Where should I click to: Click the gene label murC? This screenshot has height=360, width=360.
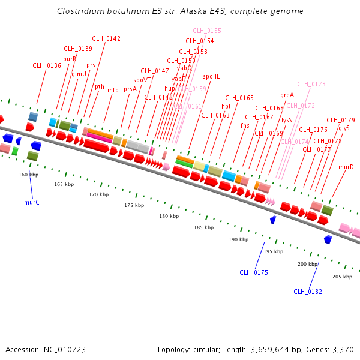(x=32, y=202)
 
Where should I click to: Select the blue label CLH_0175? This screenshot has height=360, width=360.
(x=254, y=272)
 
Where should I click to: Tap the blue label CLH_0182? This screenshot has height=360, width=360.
(x=308, y=292)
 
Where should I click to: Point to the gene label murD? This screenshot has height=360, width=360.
(x=346, y=167)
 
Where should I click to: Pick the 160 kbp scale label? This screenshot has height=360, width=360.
(x=28, y=175)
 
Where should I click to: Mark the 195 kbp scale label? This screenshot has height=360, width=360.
(x=273, y=251)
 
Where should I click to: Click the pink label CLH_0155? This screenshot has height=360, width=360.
(x=207, y=31)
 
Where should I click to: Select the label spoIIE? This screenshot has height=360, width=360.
(x=211, y=76)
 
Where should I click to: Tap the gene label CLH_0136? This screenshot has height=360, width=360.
(x=47, y=65)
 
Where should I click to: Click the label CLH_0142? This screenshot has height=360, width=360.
(x=106, y=38)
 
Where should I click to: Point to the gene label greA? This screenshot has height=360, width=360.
(x=287, y=95)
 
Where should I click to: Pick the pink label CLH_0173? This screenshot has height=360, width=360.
(x=311, y=84)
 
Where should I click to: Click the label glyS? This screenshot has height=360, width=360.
(x=344, y=128)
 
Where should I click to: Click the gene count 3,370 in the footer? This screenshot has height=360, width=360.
(x=342, y=349)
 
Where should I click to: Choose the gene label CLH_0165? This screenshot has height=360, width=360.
(x=239, y=98)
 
